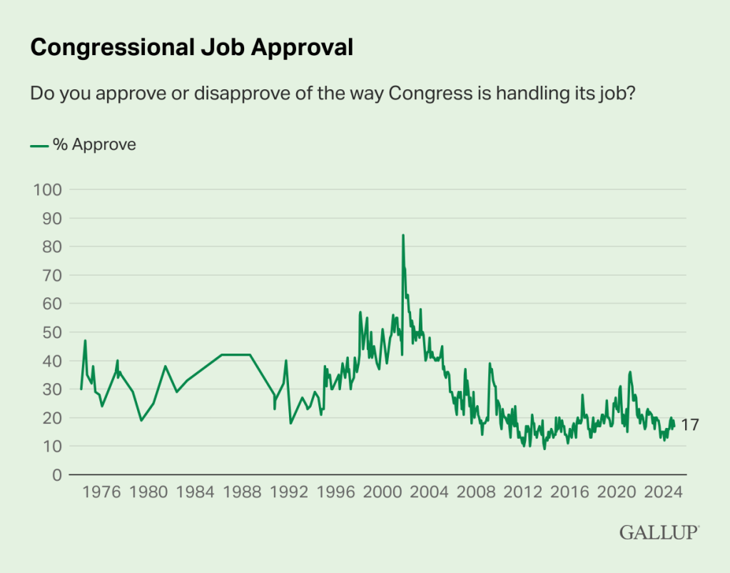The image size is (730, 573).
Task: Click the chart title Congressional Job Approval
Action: (x=191, y=47)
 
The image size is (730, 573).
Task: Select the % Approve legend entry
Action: (x=83, y=144)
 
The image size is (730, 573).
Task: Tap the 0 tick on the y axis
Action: (x=56, y=474)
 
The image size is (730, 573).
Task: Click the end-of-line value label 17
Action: (x=689, y=425)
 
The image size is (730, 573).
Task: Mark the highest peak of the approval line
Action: (x=402, y=235)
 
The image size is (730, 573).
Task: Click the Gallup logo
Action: (x=659, y=532)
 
